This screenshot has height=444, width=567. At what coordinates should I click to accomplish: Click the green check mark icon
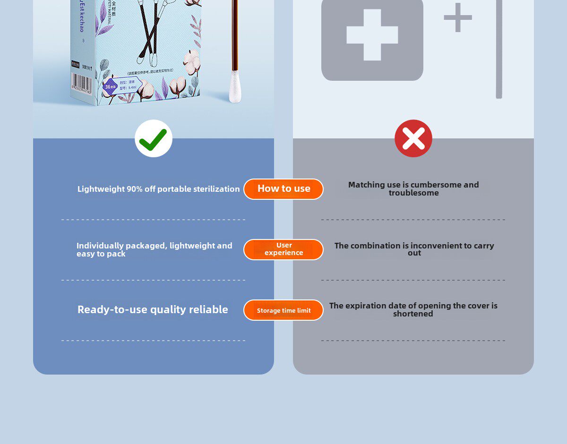[x=154, y=138]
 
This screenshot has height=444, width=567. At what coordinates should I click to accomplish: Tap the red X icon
[x=413, y=138]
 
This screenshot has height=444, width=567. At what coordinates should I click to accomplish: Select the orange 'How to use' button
[x=283, y=189]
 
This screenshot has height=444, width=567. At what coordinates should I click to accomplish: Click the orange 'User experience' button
[x=283, y=249]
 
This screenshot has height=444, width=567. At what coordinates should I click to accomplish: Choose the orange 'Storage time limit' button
[x=283, y=310]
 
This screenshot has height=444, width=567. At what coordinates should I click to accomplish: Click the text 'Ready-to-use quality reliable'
[x=153, y=309]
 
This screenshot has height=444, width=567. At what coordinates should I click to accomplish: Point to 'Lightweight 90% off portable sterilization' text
[x=159, y=189]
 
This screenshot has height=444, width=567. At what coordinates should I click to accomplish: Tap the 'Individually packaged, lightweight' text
[x=154, y=249]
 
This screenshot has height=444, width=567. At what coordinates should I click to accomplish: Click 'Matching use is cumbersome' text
[x=413, y=188]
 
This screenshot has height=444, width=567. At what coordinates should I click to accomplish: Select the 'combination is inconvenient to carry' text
[x=414, y=249]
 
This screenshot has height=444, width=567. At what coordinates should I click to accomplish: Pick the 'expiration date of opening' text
[x=413, y=309]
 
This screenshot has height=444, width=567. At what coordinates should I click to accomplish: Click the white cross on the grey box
[x=372, y=35]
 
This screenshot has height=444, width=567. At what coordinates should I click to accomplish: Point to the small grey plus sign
[x=457, y=18]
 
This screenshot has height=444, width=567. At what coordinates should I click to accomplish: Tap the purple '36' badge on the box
[x=110, y=87]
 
